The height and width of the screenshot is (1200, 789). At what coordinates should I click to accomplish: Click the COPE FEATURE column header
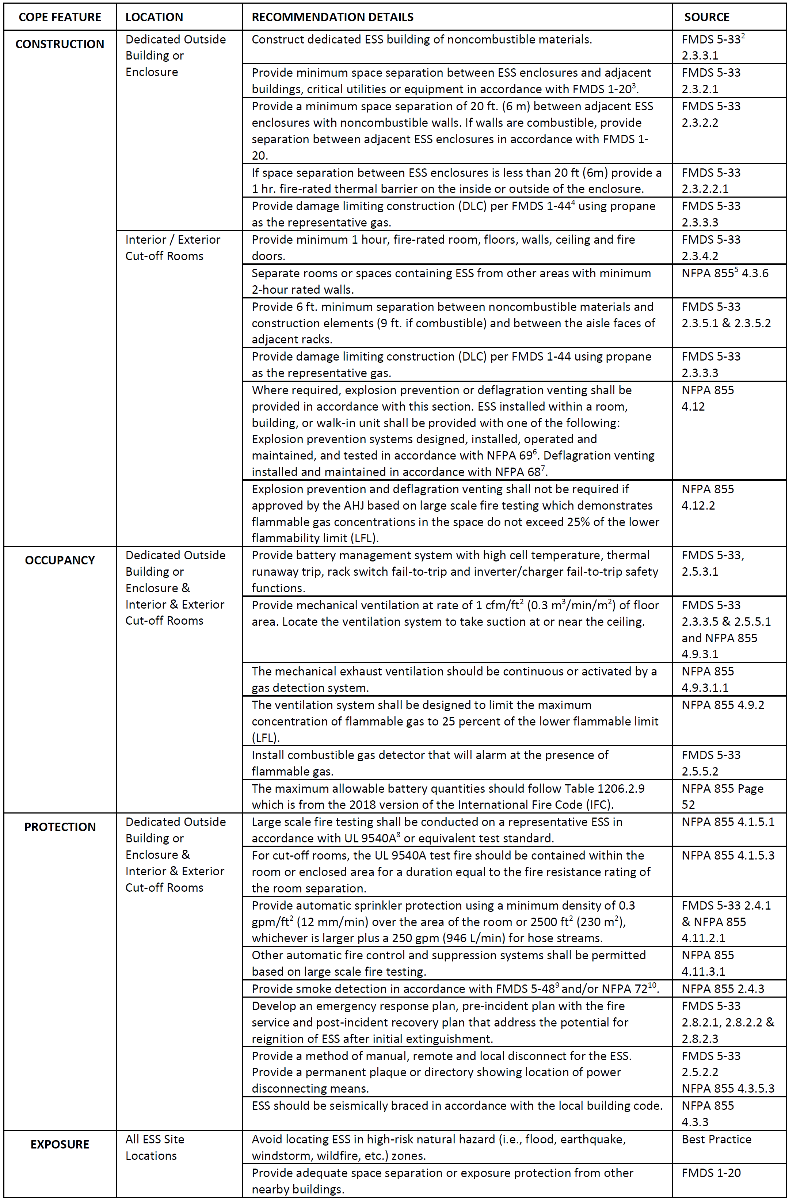60,17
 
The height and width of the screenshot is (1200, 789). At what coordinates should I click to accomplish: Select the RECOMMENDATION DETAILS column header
332,17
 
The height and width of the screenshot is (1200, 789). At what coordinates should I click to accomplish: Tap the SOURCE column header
706,17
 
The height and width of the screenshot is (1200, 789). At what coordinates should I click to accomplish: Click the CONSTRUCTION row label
60,44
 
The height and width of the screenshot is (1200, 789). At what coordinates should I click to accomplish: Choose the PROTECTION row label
60,827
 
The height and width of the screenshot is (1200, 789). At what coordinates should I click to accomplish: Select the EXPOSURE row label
60,1144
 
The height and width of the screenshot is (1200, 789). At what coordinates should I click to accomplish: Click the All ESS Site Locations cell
155,1147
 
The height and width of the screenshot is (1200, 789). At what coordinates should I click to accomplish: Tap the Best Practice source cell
716,1139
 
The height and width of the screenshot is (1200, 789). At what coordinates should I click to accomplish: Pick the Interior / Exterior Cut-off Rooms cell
172,248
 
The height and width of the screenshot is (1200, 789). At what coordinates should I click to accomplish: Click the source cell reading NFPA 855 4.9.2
723,705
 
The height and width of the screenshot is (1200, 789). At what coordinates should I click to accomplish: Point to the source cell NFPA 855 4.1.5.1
728,822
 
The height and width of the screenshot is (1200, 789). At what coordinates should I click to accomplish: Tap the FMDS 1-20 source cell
711,1173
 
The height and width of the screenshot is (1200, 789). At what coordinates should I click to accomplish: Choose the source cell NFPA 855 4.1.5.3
728,855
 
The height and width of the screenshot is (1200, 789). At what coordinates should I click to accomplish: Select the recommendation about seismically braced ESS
457,1106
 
